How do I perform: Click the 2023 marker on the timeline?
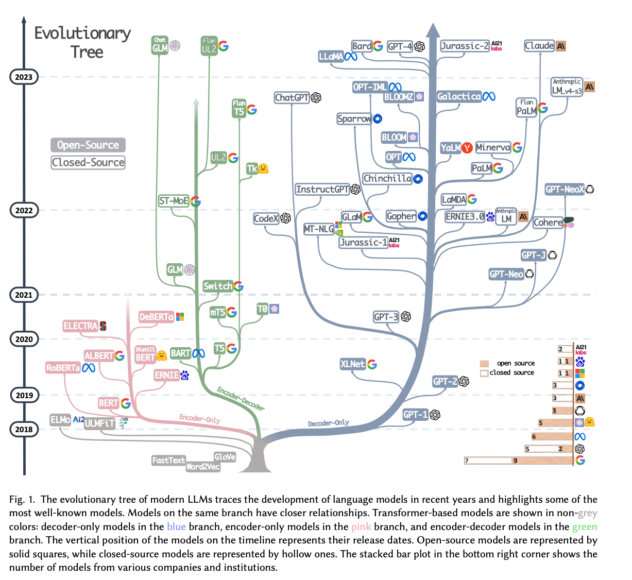pyautogui.click(x=24, y=77)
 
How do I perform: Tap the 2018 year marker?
pyautogui.click(x=24, y=429)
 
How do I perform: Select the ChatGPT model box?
pyautogui.click(x=292, y=97)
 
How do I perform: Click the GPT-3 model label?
pyautogui.click(x=386, y=317)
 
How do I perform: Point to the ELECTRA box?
pyautogui.click(x=80, y=326)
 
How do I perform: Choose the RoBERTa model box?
pyautogui.click(x=63, y=368)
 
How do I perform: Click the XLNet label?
pyautogui.click(x=353, y=364)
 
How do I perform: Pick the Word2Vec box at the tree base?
pyautogui.click(x=203, y=467)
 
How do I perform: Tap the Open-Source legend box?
pyautogui.click(x=88, y=145)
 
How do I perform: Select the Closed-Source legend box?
pyautogui.click(x=88, y=162)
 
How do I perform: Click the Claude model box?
pyautogui.click(x=539, y=46)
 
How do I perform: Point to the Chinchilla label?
pyautogui.click(x=387, y=179)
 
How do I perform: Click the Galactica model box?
pyautogui.click(x=459, y=96)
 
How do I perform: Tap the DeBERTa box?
pyautogui.click(x=156, y=317)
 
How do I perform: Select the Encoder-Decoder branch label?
pyautogui.click(x=241, y=399)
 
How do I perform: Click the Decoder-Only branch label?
pyautogui.click(x=329, y=423)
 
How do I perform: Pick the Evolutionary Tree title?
pyautogui.click(x=83, y=42)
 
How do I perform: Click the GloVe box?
pyautogui.click(x=225, y=457)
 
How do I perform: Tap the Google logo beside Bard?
pyautogui.click(x=378, y=46)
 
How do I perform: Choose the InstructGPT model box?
pyautogui.click(x=322, y=189)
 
